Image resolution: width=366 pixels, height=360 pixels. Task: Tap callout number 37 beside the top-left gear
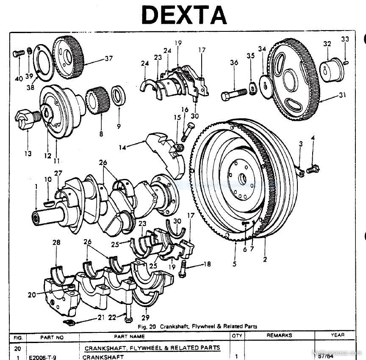pyautogui.click(x=109, y=59)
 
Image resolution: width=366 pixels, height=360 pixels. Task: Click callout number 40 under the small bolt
pyautogui.click(x=19, y=79)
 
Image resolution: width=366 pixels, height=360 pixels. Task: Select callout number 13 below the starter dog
pyautogui.click(x=28, y=153)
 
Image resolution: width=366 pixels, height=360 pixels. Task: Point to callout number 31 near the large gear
pyautogui.click(x=342, y=95)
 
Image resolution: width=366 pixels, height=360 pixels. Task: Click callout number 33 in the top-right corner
pyautogui.click(x=345, y=39)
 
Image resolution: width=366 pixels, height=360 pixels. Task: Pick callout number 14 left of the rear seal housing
pyautogui.click(x=122, y=148)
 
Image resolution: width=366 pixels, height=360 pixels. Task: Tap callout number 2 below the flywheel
pyautogui.click(x=265, y=259)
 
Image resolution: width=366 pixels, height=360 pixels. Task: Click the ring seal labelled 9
pyautogui.click(x=118, y=95)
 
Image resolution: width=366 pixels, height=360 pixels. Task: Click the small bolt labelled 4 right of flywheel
pyautogui.click(x=313, y=168)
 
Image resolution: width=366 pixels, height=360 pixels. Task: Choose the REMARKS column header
pyautogui.click(x=279, y=335)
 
